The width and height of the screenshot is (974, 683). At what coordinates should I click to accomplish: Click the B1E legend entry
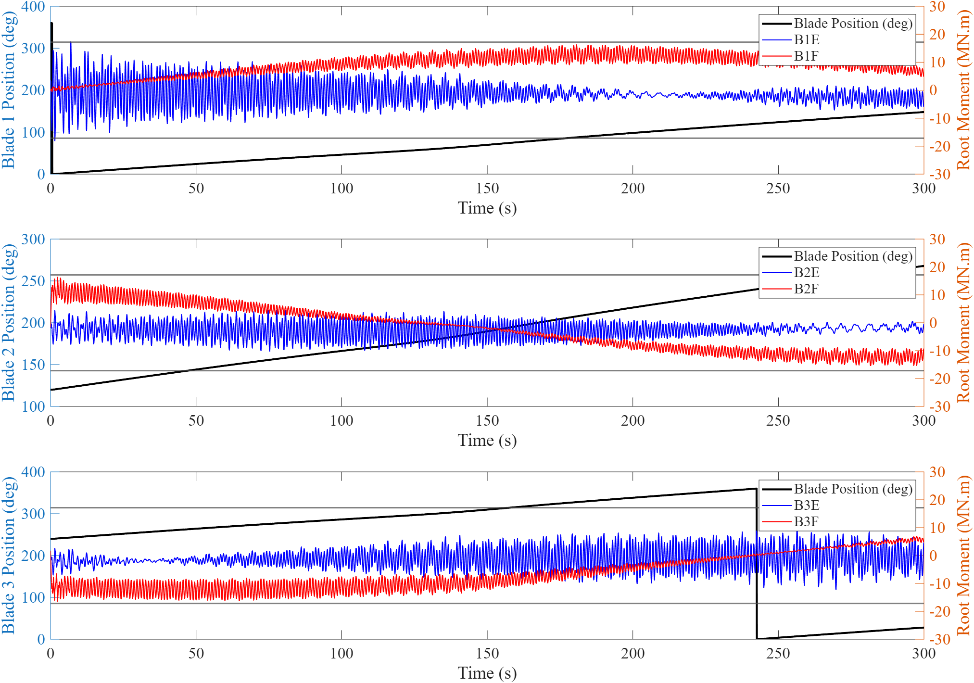tap(806, 40)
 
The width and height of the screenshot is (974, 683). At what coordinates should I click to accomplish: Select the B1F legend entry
tap(806, 56)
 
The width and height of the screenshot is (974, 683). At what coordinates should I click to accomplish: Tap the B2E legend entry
tap(806, 273)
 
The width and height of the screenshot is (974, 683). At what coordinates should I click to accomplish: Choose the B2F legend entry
tap(806, 289)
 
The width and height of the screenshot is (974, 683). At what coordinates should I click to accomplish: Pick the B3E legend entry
tap(806, 506)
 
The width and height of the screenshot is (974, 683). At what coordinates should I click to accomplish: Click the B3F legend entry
tap(806, 522)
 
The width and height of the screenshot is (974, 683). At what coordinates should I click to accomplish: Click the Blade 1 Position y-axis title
tap(9, 90)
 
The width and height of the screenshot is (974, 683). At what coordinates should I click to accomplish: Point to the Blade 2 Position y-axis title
tap(9, 323)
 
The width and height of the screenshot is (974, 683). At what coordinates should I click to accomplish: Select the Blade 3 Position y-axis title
tap(9, 556)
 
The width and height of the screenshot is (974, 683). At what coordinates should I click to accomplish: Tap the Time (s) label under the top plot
tap(487, 208)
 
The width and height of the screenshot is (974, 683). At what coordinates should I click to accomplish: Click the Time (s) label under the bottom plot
tap(487, 673)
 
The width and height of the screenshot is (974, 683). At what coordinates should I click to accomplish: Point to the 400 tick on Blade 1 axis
tap(33, 7)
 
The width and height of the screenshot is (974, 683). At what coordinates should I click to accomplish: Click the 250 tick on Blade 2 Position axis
tap(33, 281)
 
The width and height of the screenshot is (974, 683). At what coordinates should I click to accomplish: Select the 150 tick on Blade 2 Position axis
tap(33, 365)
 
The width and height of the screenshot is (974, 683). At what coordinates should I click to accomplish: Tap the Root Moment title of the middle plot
tap(963, 323)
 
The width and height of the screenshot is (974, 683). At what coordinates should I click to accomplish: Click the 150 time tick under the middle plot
tap(487, 421)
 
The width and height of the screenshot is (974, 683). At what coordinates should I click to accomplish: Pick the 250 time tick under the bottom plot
tap(778, 654)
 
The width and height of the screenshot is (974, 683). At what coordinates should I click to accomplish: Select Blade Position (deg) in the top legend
tap(853, 24)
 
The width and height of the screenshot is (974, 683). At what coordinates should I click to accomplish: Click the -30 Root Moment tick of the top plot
tap(939, 174)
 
